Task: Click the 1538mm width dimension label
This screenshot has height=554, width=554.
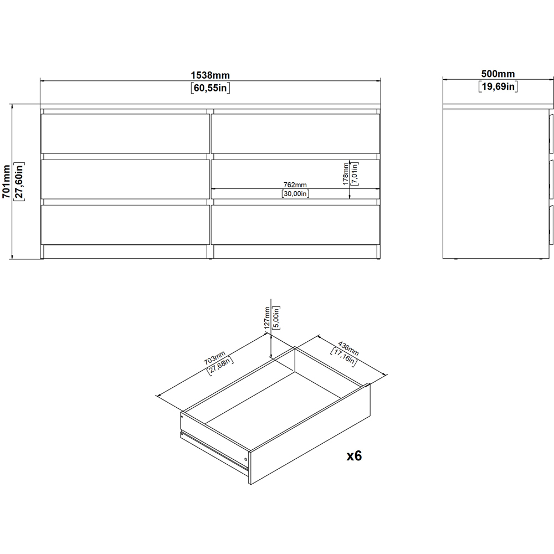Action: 210,75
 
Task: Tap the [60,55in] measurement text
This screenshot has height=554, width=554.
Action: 210,88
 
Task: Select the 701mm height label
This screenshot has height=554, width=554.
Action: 6,182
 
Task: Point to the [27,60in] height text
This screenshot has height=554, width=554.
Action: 19,182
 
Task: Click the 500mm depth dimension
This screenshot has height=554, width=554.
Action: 498,74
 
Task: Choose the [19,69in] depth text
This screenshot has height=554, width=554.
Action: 498,86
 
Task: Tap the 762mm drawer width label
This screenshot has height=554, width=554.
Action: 295,185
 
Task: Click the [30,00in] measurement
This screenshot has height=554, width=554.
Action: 295,193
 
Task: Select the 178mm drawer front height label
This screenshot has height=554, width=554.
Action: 346,173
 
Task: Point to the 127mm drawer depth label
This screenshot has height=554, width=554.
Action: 268,318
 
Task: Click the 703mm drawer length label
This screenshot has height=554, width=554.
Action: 214,358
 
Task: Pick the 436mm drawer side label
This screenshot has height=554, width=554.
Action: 348,348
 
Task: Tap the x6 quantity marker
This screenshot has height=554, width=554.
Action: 354,456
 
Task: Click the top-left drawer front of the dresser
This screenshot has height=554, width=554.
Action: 124,134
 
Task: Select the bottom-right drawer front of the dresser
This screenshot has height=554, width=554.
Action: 295,225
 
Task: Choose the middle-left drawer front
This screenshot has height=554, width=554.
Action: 124,179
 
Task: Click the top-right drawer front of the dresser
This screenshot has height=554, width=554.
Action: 295,134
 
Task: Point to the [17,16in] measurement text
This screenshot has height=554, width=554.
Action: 344,357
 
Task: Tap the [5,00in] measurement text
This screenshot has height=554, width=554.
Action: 276,318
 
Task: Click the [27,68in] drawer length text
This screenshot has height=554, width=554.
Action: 220,366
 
